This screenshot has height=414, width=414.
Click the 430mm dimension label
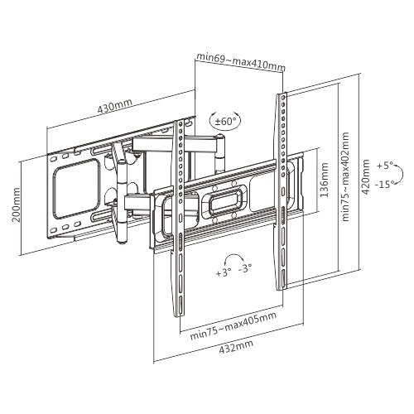click(x=115, y=105)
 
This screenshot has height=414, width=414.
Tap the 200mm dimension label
click(x=17, y=205)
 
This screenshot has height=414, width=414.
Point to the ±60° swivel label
click(x=225, y=122)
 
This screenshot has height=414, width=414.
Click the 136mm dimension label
click(x=325, y=180)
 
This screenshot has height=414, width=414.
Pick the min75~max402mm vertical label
click(x=345, y=176)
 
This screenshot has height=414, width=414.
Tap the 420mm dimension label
click(x=366, y=177)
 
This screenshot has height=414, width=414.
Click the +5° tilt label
click(x=385, y=166)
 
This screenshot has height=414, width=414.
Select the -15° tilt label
click(x=383, y=184)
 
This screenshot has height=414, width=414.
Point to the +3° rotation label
click(x=223, y=273)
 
